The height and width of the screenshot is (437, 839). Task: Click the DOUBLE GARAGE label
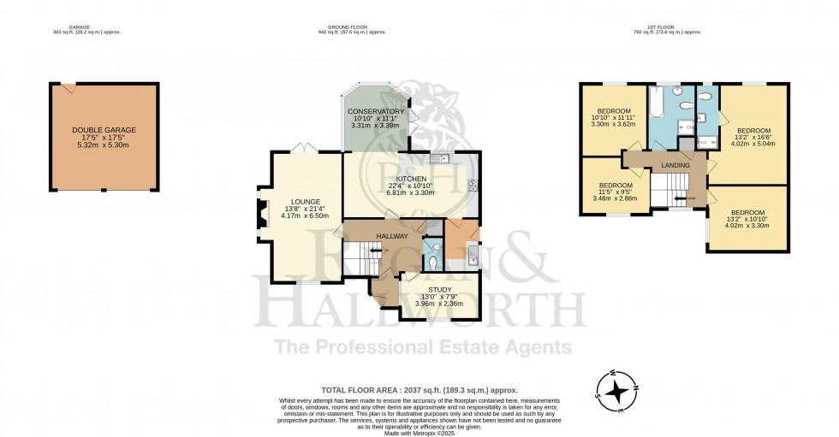pyautogui.click(x=104, y=130)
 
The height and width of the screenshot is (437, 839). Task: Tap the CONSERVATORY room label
pyautogui.click(x=375, y=112)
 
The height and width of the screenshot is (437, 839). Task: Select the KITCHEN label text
pyautogui.click(x=411, y=179)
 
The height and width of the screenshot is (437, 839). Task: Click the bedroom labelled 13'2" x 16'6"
pyautogui.click(x=753, y=131)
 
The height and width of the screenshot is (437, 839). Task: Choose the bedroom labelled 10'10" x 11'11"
pyautogui.click(x=614, y=111)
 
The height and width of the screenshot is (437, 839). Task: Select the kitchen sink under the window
pyautogui.click(x=439, y=158)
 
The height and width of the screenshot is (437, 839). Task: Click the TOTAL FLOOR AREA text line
pyautogui.click(x=419, y=389)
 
